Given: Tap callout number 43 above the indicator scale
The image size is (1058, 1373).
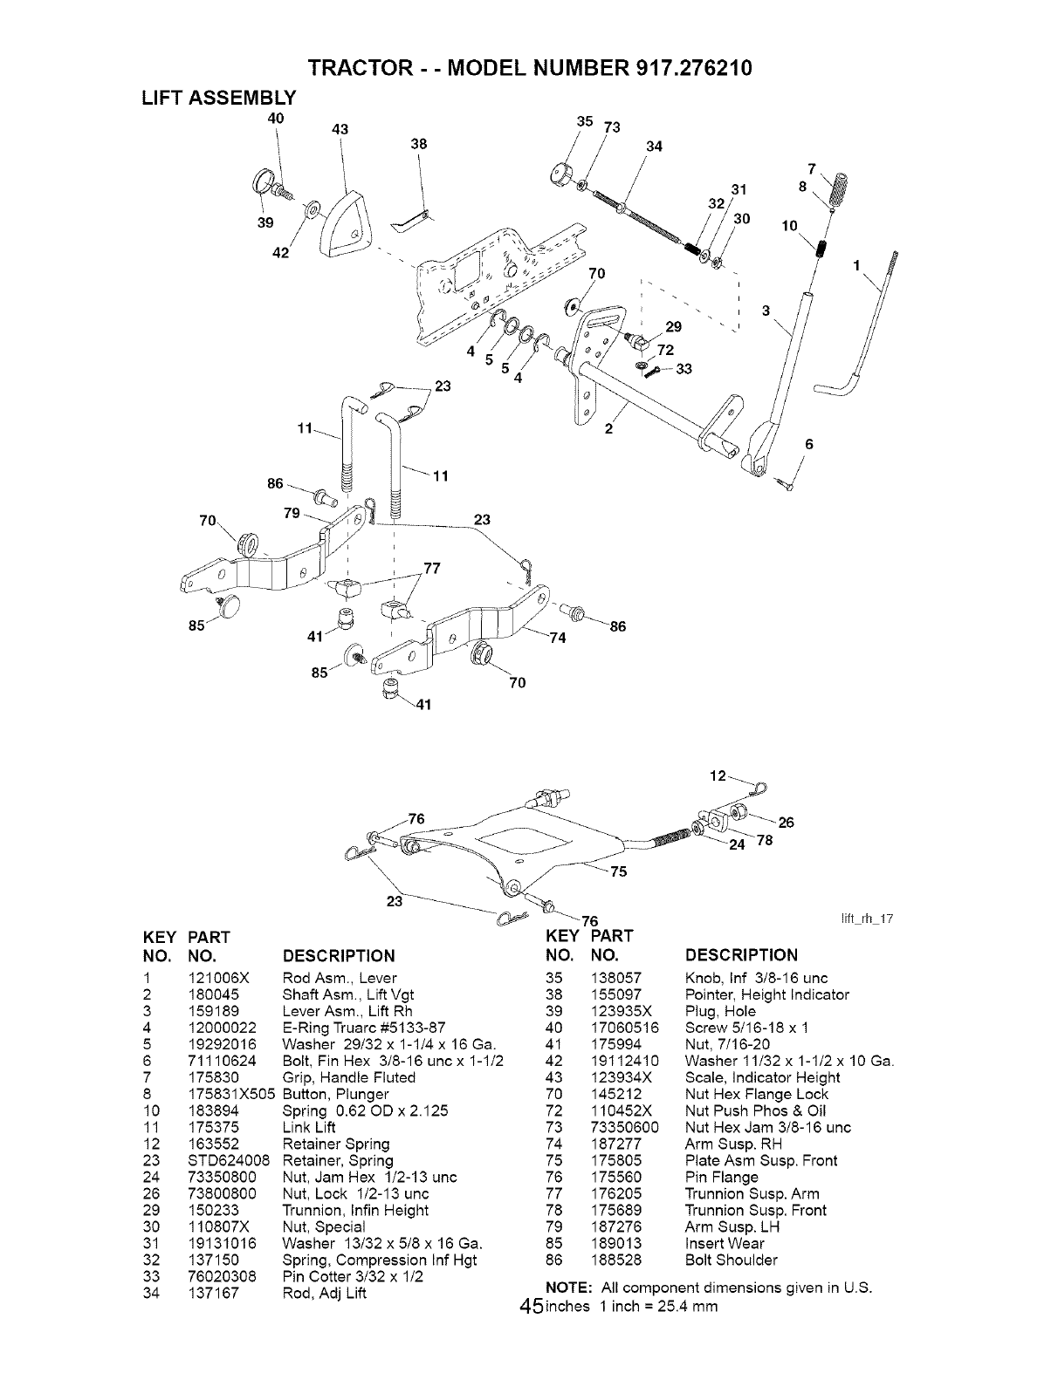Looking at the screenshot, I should point(340,129).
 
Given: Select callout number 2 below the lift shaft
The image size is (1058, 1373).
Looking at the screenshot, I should point(609,428).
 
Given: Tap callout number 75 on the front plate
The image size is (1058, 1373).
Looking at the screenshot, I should point(618,871).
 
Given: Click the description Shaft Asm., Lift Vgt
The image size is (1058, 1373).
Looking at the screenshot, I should point(348,994).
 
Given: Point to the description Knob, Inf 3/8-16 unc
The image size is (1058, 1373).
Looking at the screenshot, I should point(757,978).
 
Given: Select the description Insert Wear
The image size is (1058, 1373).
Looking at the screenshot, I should point(725,1243).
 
